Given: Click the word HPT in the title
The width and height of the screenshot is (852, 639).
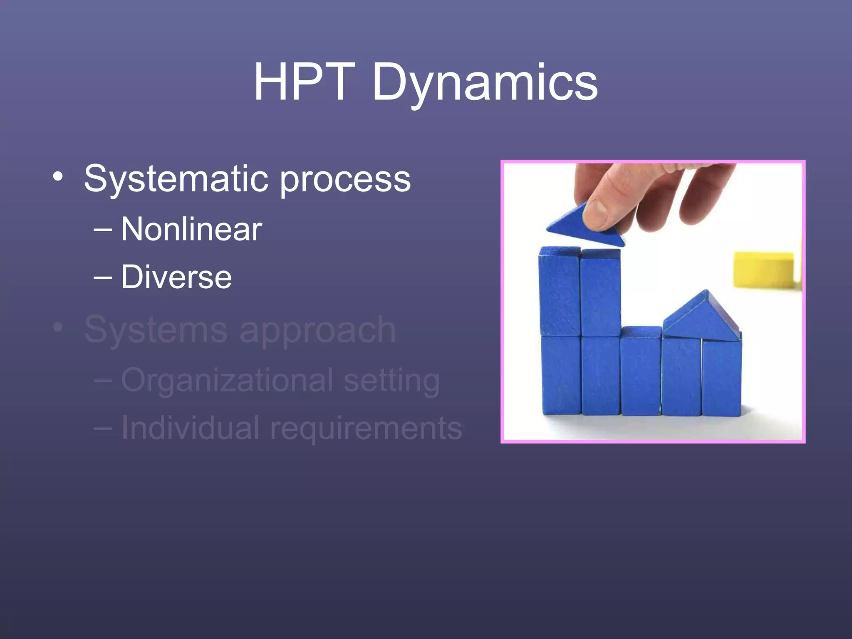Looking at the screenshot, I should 305,82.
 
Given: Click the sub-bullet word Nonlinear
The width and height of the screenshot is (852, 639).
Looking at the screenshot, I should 191,229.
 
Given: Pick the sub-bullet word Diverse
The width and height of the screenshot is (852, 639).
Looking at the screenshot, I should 176,277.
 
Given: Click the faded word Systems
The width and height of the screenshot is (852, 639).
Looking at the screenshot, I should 156,329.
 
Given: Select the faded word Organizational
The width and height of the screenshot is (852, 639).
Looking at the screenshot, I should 227,380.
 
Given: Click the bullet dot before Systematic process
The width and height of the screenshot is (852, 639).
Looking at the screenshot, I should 58,177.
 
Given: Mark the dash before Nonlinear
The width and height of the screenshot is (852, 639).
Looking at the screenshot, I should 103,229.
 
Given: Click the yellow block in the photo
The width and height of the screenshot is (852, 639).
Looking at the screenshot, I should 764,270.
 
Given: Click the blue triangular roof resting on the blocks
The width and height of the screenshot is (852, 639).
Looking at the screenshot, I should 701,318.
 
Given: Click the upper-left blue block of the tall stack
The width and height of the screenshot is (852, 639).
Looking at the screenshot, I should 560,291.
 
